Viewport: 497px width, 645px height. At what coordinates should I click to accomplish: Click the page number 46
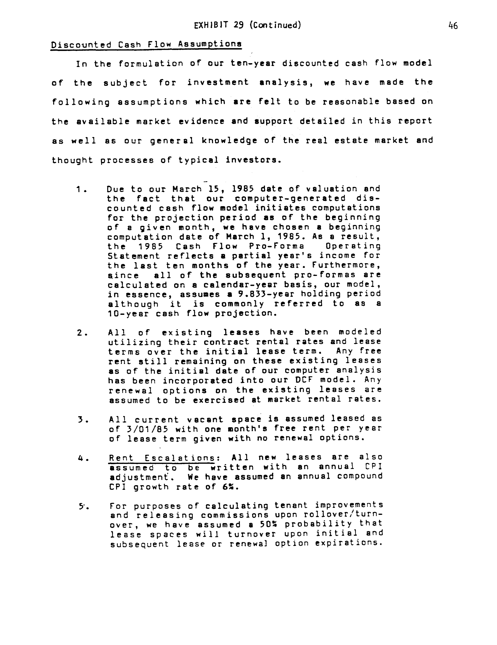pyautogui.click(x=453, y=26)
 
